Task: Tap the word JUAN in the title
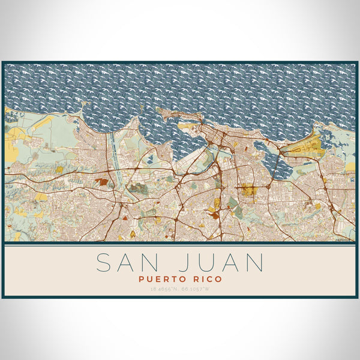(x=218, y=263)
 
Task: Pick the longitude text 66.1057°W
(x=196, y=289)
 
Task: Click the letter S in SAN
(x=104, y=263)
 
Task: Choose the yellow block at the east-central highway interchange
(x=248, y=191)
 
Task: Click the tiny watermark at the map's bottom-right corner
(x=344, y=239)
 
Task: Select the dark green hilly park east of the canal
(x=138, y=189)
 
